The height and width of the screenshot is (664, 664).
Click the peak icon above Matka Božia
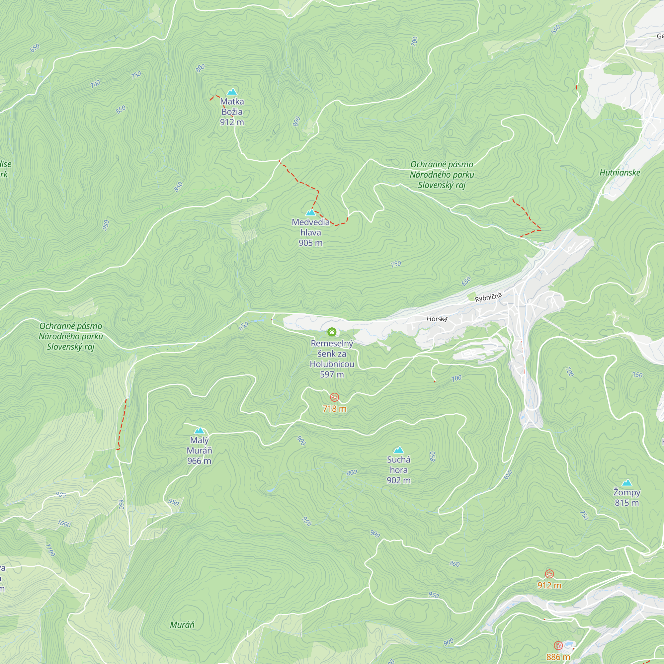pos(232,92)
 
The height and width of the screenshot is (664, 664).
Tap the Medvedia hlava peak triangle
pos(311,212)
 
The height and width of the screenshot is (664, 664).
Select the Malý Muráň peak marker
pos(199,431)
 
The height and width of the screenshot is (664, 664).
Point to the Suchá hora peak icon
pos(398,450)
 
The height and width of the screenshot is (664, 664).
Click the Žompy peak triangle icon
pos(627,483)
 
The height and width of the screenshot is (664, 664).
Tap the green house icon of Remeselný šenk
pos(332,332)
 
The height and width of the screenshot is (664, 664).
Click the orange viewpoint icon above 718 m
pos(334,398)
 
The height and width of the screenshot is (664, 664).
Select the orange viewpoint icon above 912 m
pos(549,574)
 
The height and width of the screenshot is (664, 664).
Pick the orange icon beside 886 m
pos(558,645)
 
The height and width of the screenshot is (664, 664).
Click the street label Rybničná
pos(488,297)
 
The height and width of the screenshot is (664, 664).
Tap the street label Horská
pos(437,319)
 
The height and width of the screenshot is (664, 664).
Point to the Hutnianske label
pos(620,173)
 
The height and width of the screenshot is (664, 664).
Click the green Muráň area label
pos(182,625)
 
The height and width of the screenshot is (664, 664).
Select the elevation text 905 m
pos(311,243)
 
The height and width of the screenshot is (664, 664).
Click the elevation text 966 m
pos(199,461)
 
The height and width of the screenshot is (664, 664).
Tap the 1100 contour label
pos(50,550)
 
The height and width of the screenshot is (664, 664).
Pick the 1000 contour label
pos(64,524)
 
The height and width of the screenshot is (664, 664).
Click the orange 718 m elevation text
pos(334,409)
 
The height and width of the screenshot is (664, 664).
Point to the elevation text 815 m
pos(627,503)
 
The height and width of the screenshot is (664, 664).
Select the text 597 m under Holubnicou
pos(332,374)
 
